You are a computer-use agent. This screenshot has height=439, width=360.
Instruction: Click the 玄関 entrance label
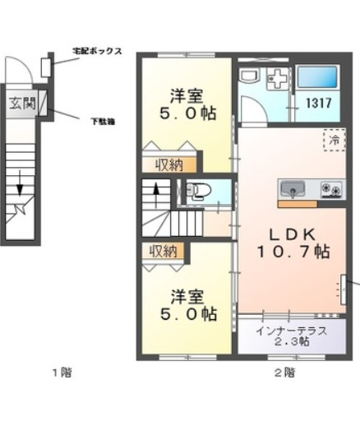tap(22, 104)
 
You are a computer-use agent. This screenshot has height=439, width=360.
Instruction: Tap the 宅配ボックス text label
tap(97, 52)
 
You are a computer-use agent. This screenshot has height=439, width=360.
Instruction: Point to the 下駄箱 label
tap(102, 121)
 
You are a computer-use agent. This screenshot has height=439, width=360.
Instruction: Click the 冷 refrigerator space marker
tap(334, 141)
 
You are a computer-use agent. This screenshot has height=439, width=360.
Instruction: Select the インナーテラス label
tap(291, 330)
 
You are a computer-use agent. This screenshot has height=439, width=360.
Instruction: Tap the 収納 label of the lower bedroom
tap(162, 252)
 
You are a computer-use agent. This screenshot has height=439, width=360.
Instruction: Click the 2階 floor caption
tap(284, 372)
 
